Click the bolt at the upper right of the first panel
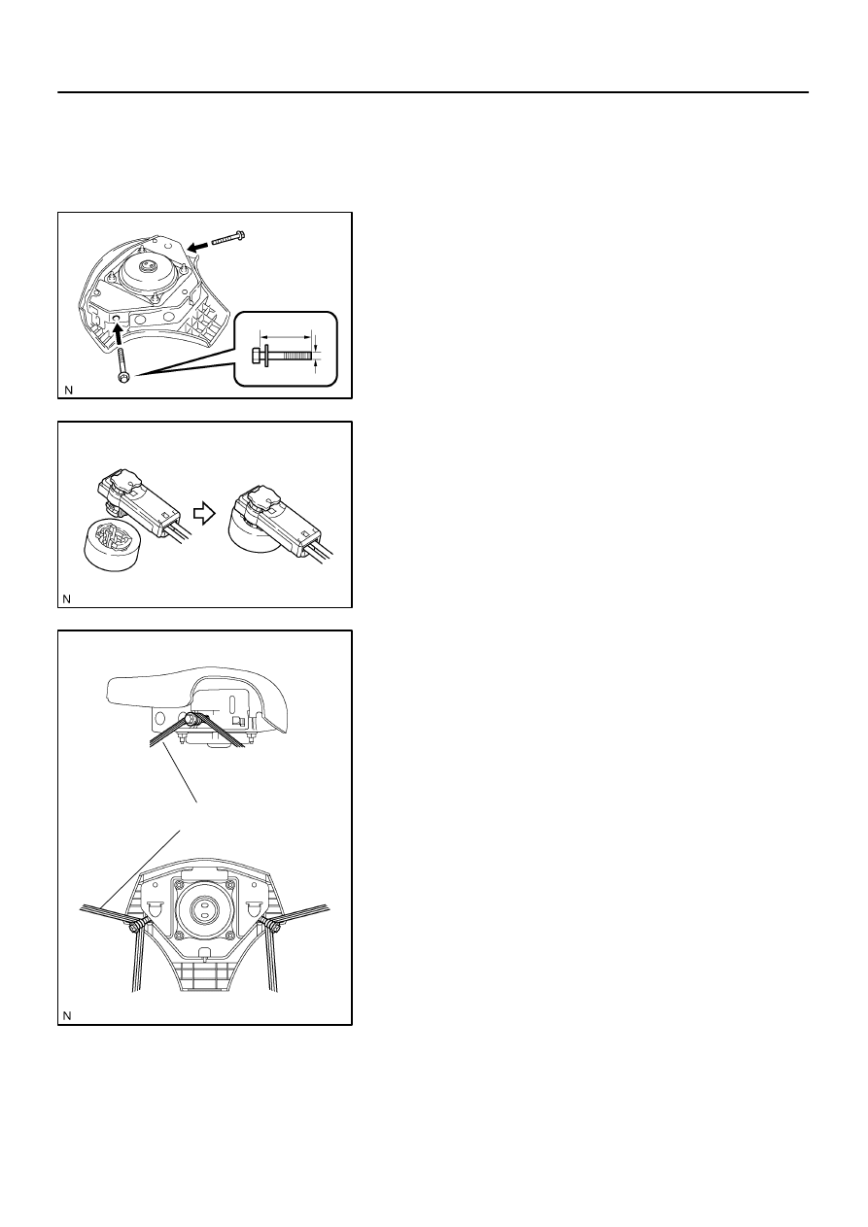point(228,238)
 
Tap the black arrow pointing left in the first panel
point(198,247)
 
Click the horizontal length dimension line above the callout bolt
point(285,337)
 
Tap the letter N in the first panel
point(68,391)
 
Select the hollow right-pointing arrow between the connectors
point(204,514)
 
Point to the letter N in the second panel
point(67,599)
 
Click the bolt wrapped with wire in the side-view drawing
point(192,719)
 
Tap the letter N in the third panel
point(67,1016)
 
